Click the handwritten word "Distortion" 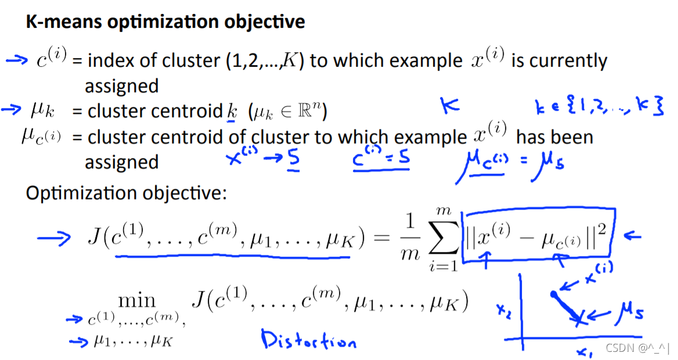pyautogui.click(x=308, y=340)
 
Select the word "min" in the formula pyautogui.click(x=137, y=300)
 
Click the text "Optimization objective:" pyautogui.click(x=125, y=193)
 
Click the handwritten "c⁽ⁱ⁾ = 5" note pyautogui.click(x=380, y=158)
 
